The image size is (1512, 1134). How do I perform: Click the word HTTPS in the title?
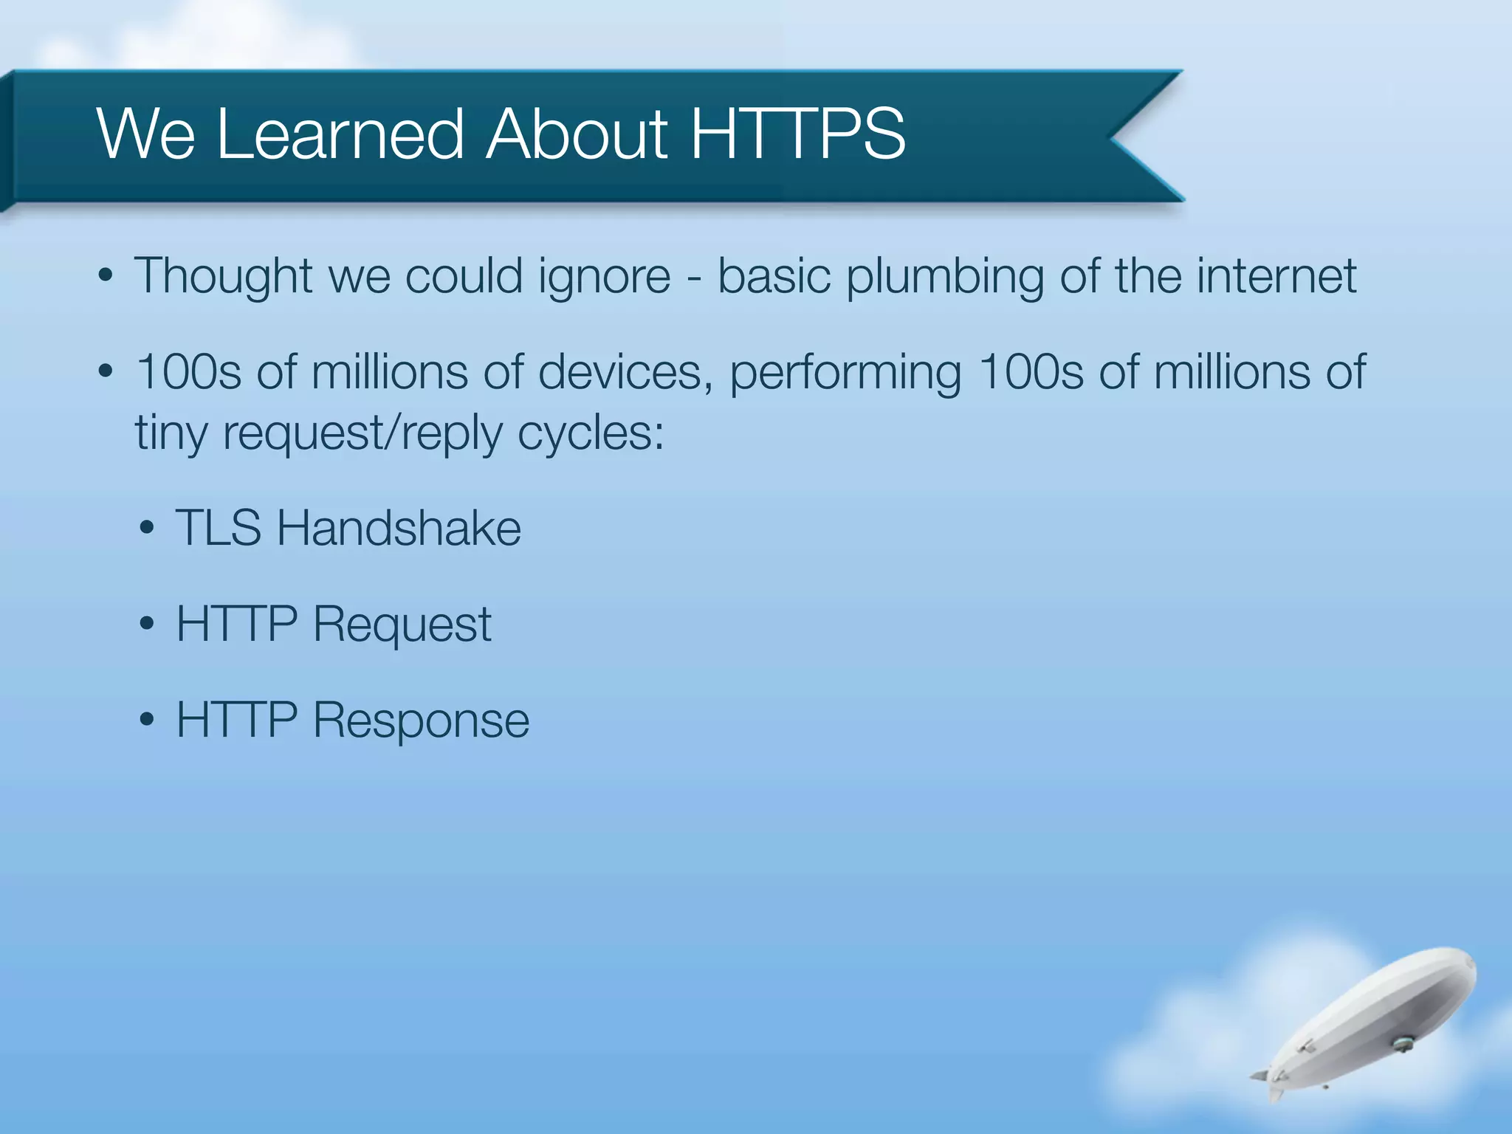click(x=797, y=134)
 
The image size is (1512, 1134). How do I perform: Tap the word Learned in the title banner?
click(x=340, y=134)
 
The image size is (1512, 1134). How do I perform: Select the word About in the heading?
click(x=577, y=134)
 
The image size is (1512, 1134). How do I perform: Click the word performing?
click(x=845, y=374)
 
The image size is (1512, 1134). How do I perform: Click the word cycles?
click(x=591, y=434)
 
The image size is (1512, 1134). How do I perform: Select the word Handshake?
click(x=399, y=529)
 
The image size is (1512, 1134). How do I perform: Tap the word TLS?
click(x=219, y=529)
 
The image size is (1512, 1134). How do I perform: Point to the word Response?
click(x=421, y=721)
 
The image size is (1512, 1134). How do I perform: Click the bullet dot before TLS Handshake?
click(x=147, y=529)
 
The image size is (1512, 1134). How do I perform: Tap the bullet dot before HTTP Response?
click(x=147, y=720)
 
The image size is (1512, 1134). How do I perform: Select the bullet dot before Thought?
click(x=106, y=276)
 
